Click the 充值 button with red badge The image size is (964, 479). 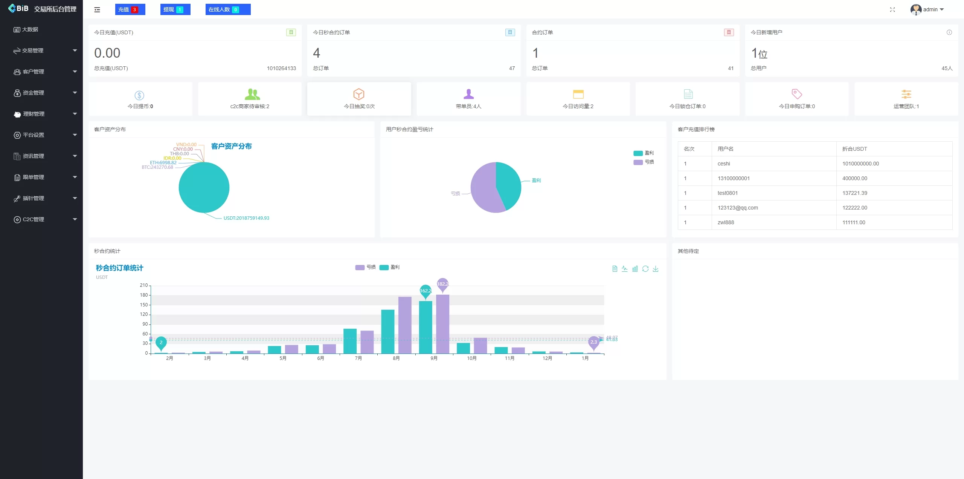(x=130, y=9)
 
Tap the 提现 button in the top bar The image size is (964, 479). (x=175, y=9)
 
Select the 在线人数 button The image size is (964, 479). (x=228, y=9)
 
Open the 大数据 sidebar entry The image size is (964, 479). (x=30, y=29)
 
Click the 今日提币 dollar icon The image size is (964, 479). (x=139, y=95)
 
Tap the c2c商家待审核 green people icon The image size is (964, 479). (x=252, y=94)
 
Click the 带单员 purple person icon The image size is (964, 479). (x=468, y=94)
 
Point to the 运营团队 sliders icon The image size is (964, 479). (x=906, y=94)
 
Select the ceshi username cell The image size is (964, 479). (x=724, y=164)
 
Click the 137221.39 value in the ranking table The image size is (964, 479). (x=855, y=193)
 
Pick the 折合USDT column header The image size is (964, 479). (x=855, y=149)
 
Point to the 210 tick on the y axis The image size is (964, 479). (x=144, y=285)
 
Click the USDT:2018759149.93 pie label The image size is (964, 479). (x=246, y=218)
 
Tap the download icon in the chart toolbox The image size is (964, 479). (x=656, y=269)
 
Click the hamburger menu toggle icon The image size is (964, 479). (x=97, y=10)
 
